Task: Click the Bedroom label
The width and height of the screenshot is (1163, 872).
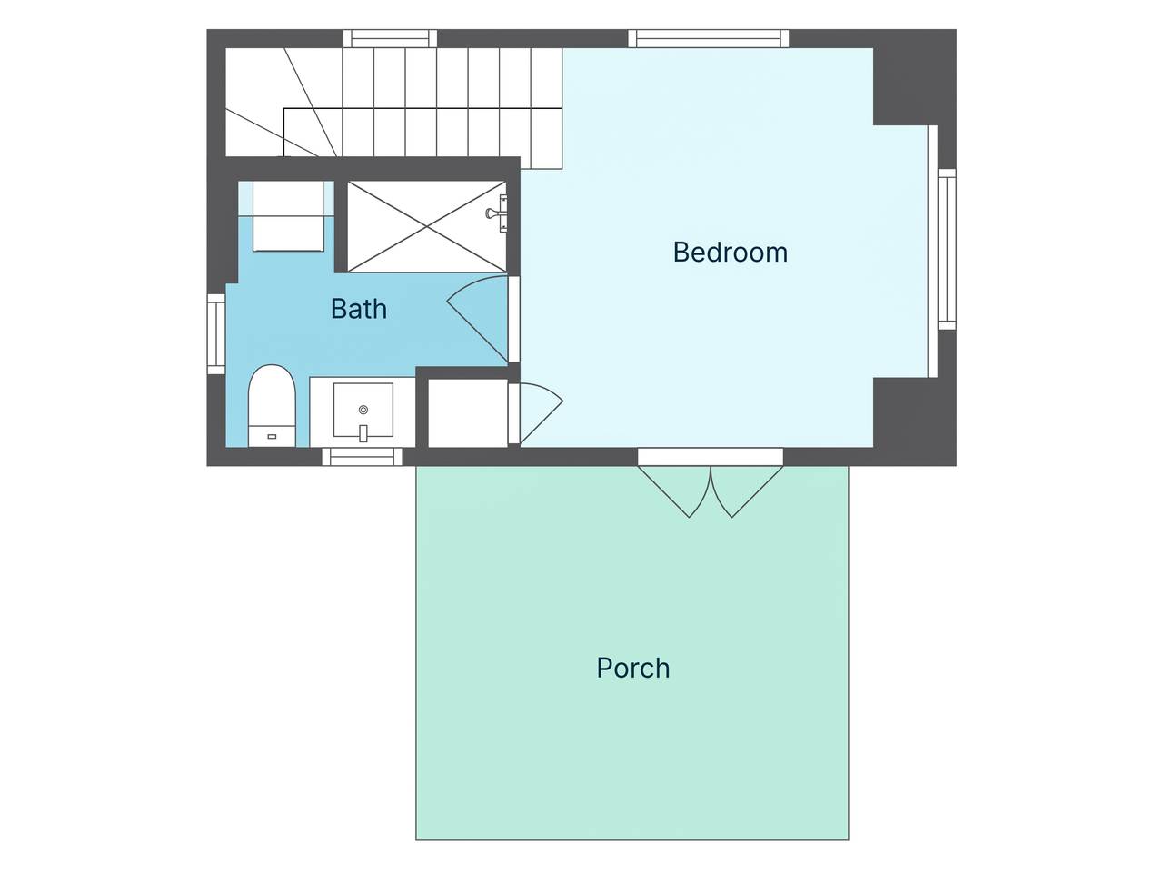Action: click(x=730, y=252)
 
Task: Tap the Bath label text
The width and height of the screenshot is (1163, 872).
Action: click(x=359, y=309)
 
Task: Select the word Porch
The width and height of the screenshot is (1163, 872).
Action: click(x=633, y=668)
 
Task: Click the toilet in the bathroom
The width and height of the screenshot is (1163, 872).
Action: click(x=272, y=405)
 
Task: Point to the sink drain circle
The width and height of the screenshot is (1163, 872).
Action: click(x=363, y=410)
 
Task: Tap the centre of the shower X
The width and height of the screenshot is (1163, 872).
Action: click(x=427, y=226)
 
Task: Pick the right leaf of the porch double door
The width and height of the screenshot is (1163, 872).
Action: click(x=747, y=490)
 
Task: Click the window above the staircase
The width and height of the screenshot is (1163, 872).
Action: click(x=391, y=39)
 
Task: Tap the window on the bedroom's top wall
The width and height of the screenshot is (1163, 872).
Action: click(x=709, y=39)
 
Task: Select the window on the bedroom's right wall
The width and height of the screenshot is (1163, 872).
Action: click(x=948, y=249)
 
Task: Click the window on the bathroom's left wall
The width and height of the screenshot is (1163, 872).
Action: click(x=216, y=333)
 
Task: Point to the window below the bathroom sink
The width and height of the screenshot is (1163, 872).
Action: click(x=363, y=457)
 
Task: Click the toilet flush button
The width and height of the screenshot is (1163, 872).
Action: click(x=272, y=436)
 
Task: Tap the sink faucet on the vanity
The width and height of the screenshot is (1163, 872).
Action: click(x=363, y=433)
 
